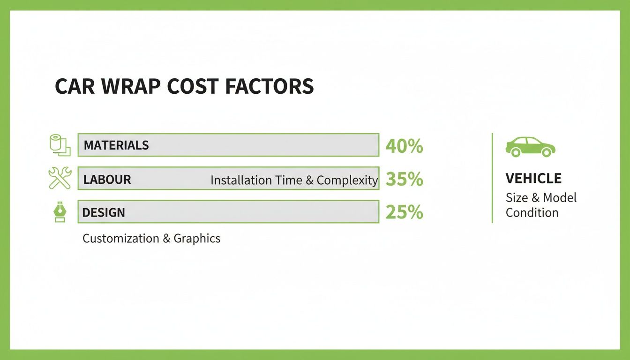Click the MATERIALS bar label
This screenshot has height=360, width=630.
coord(116,145)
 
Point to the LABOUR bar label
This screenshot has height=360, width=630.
coord(107,180)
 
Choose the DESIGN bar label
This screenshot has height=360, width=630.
coord(104,212)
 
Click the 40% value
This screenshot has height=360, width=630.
coord(404,146)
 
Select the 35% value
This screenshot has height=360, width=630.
coord(404,180)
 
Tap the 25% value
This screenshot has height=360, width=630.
coord(404,212)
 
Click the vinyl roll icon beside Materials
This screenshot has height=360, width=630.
coord(60,145)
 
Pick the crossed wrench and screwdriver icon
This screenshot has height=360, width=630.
coord(60,178)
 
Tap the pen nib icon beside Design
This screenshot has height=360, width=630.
coord(60,212)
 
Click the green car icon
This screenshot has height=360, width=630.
coord(530,147)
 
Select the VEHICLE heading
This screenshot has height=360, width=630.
coord(533,179)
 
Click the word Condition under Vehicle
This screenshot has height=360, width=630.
coord(532,213)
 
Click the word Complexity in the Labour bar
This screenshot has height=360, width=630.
coord(347,180)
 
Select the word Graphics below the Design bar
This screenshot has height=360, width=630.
coord(197,239)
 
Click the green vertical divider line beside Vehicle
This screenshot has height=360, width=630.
coord(492,178)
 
